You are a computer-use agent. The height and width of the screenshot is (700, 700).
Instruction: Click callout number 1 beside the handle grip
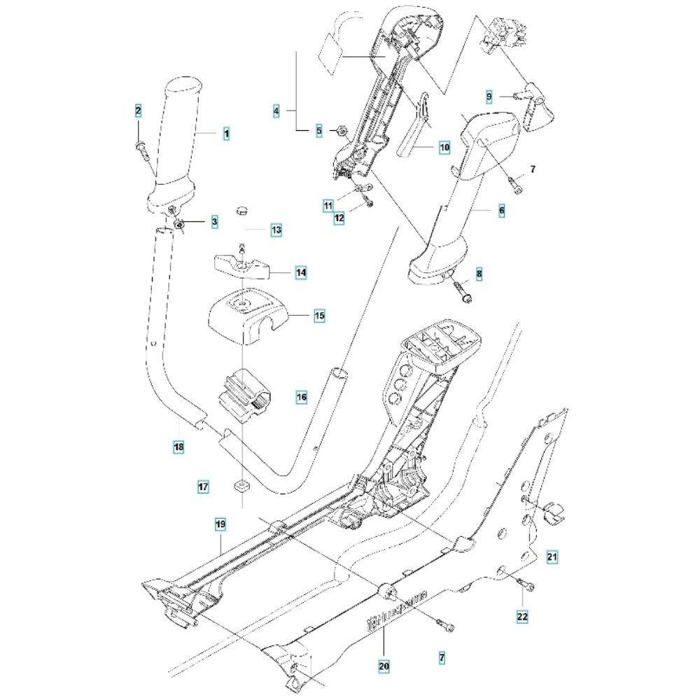tap(226, 132)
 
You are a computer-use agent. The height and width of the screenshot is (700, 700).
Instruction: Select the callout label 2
tap(138, 111)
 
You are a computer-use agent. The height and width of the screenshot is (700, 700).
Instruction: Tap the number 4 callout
tap(276, 111)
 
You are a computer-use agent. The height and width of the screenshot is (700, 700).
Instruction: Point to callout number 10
tap(444, 148)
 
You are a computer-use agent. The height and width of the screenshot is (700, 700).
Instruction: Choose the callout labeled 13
tap(276, 230)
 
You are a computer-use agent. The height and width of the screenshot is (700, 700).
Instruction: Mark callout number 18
tap(178, 447)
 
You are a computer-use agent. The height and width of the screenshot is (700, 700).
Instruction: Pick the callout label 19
tap(220, 524)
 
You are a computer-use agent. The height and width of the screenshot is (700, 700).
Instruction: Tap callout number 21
tap(552, 557)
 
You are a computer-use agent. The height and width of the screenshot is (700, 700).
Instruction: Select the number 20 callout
tap(383, 667)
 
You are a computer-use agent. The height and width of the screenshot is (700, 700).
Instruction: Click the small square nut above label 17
tap(240, 485)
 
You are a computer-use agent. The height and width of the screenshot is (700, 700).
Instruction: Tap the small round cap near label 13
tap(242, 210)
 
